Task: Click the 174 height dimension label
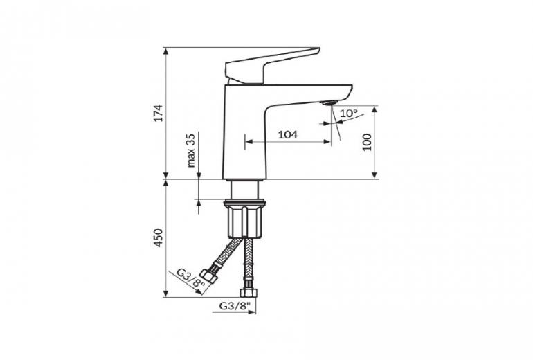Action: point(159,113)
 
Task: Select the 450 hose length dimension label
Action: point(159,238)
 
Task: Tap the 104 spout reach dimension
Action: point(287,134)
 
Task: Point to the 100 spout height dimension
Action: point(367,142)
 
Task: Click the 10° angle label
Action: point(349,114)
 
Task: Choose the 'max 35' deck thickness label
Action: point(191,150)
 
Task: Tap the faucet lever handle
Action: point(272,66)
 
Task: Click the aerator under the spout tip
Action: point(329,102)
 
